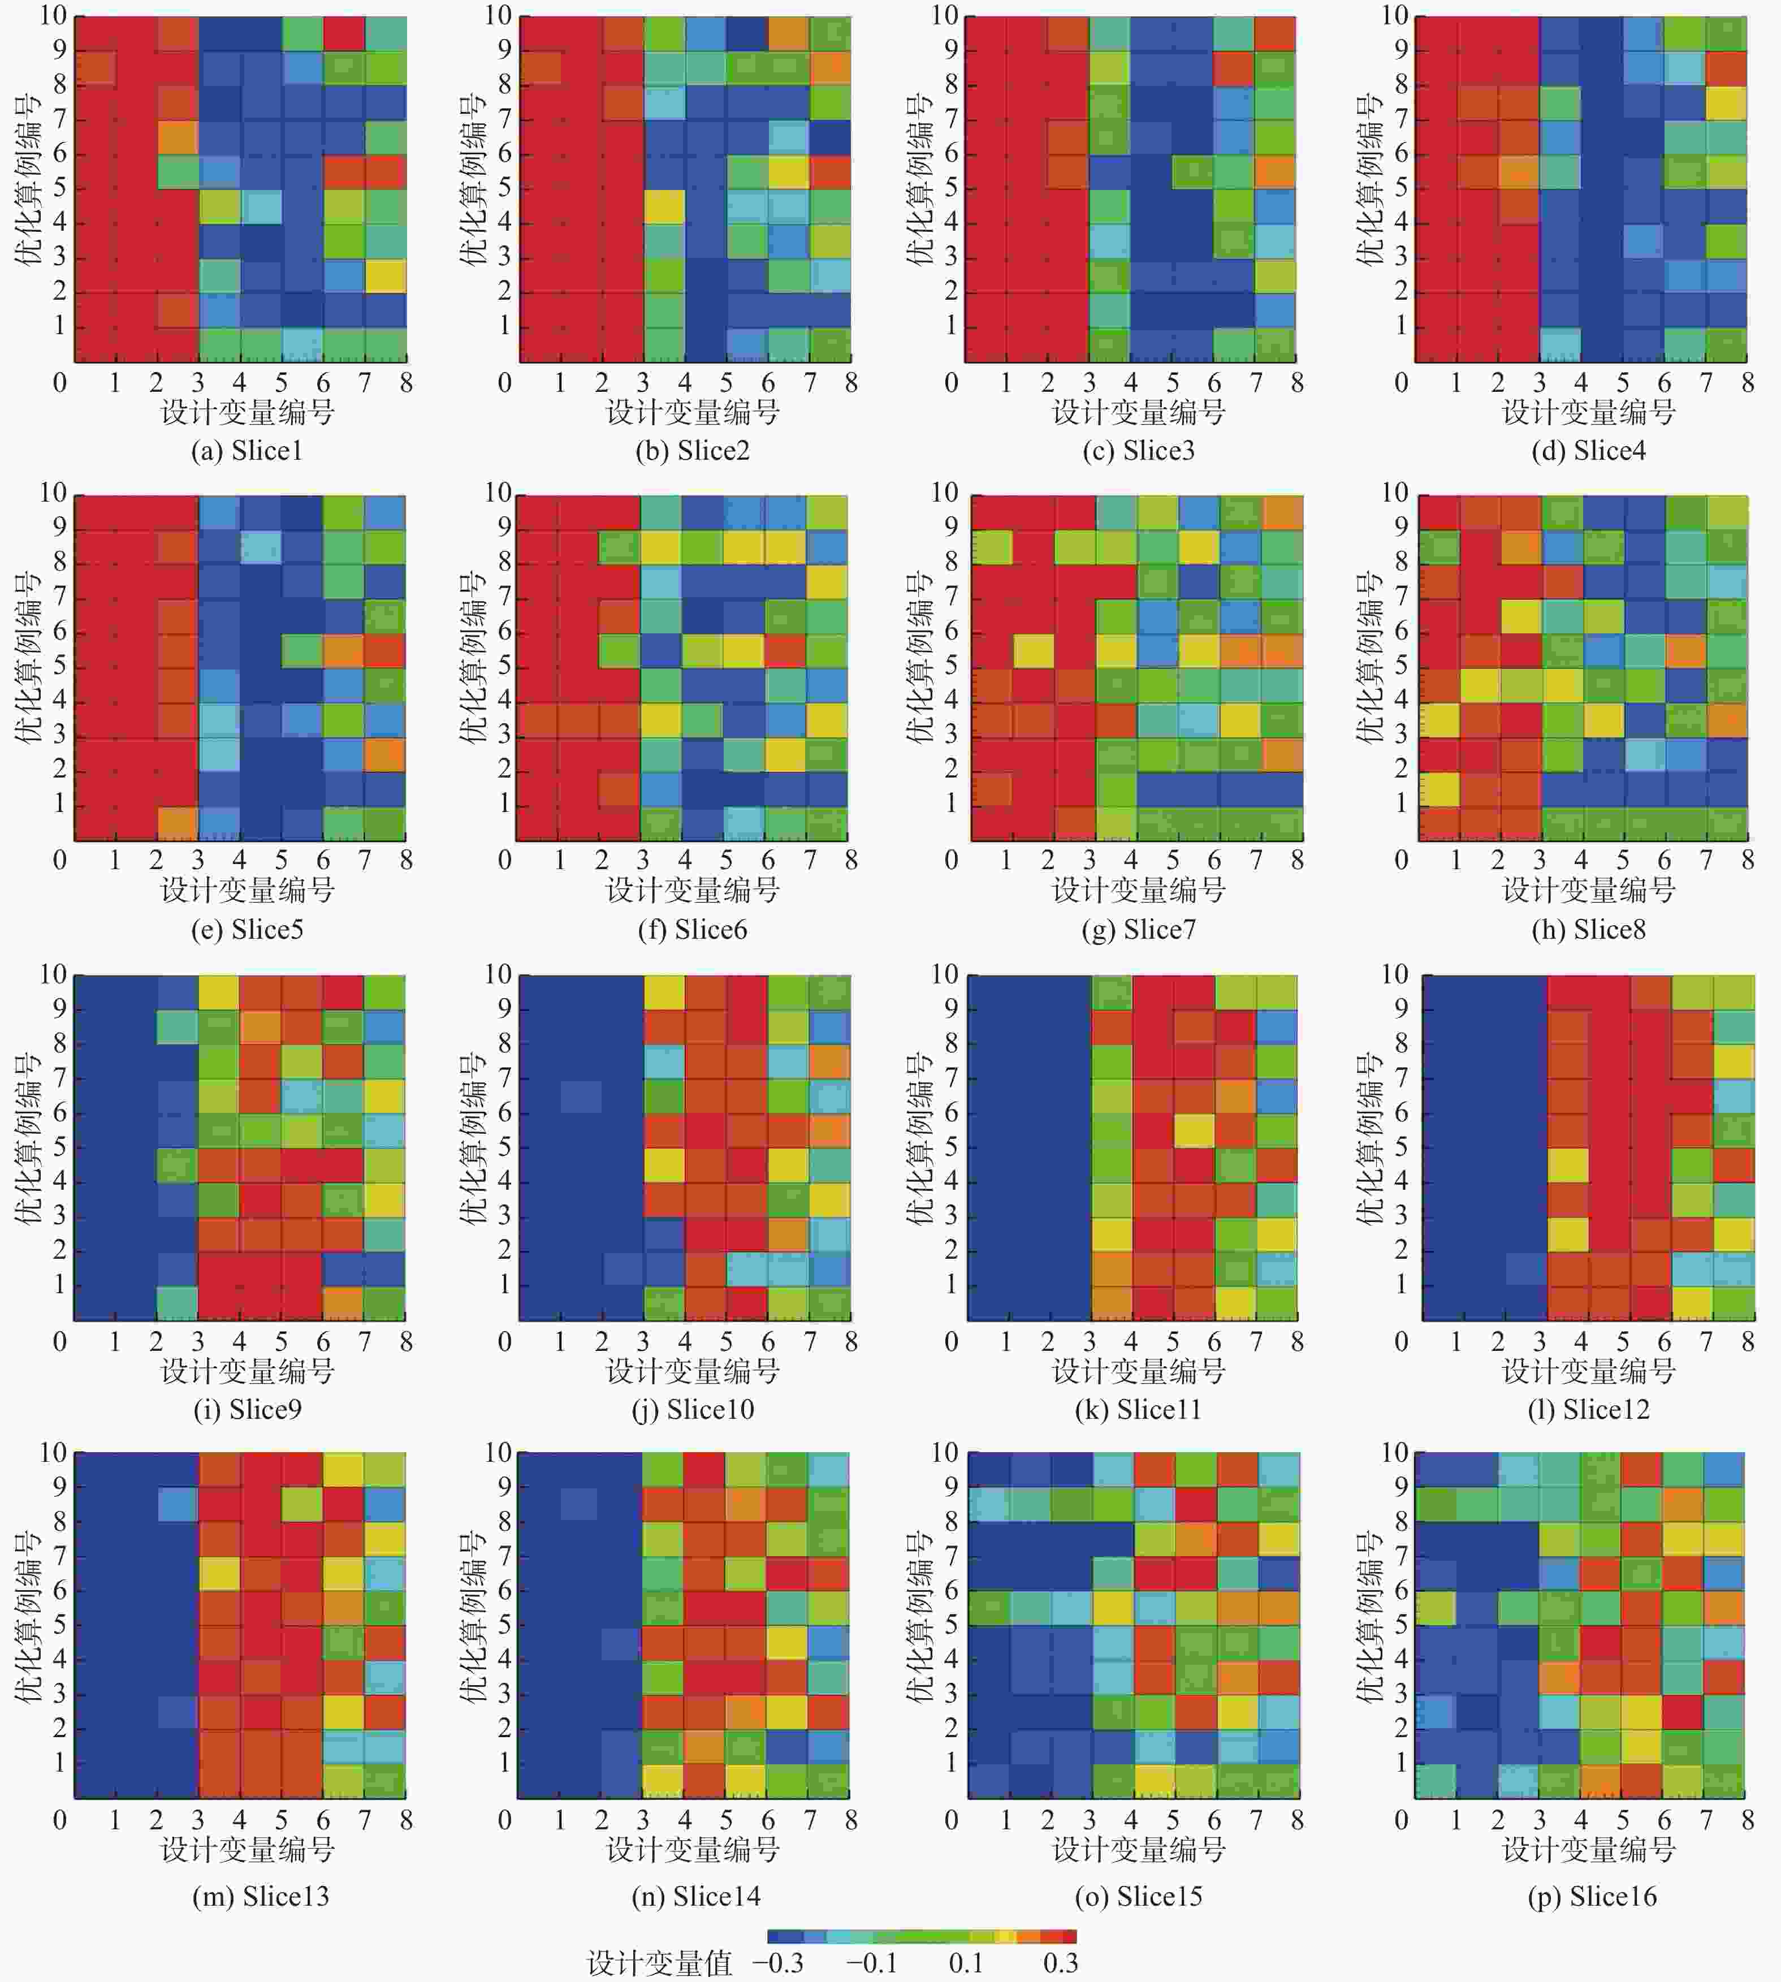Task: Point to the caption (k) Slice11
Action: click(x=1138, y=1409)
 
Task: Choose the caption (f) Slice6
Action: click(x=692, y=929)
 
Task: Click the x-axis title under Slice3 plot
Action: click(x=1138, y=412)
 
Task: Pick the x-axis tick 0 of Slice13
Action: click(x=60, y=1820)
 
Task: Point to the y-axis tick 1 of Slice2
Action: click(x=505, y=325)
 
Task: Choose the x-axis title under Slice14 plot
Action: click(x=692, y=1849)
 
